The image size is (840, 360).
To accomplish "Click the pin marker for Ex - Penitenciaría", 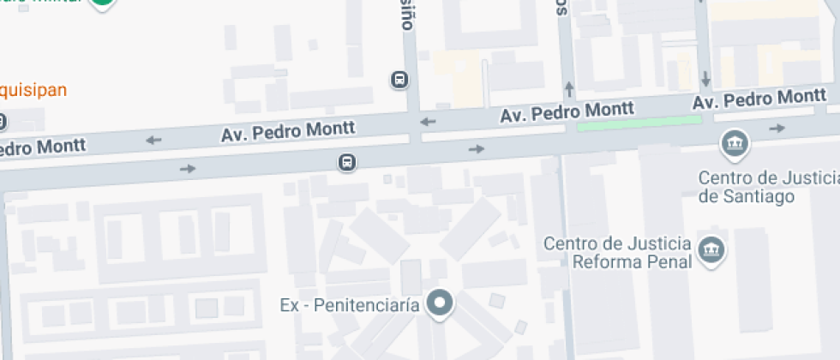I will pyautogui.click(x=441, y=303).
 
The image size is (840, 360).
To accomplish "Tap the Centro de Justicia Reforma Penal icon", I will pyautogui.click(x=711, y=249).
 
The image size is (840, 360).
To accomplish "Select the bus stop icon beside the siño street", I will pyautogui.click(x=399, y=81).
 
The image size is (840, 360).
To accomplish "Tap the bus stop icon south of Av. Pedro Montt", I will pyautogui.click(x=346, y=162).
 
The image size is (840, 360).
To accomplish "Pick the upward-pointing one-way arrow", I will pyautogui.click(x=569, y=88).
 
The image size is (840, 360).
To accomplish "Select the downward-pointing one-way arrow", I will pyautogui.click(x=705, y=79).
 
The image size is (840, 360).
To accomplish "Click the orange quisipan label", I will pyautogui.click(x=33, y=90).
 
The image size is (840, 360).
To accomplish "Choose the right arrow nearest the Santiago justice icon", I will pyautogui.click(x=777, y=129).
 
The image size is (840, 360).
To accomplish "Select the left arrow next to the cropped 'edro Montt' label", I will pyautogui.click(x=153, y=140).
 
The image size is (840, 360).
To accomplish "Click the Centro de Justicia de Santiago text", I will pyautogui.click(x=767, y=187).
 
